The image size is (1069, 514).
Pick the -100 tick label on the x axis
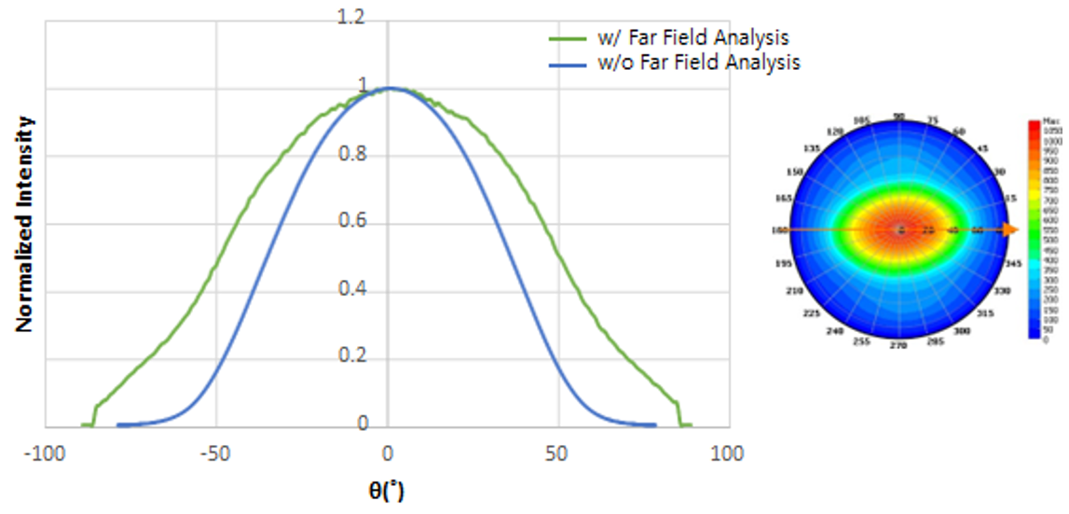tap(45, 454)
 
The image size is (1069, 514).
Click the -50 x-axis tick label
tap(216, 454)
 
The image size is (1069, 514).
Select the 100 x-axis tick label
tap(728, 454)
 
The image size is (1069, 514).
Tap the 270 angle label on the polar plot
tap(898, 346)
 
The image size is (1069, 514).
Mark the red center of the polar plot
tap(899, 229)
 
